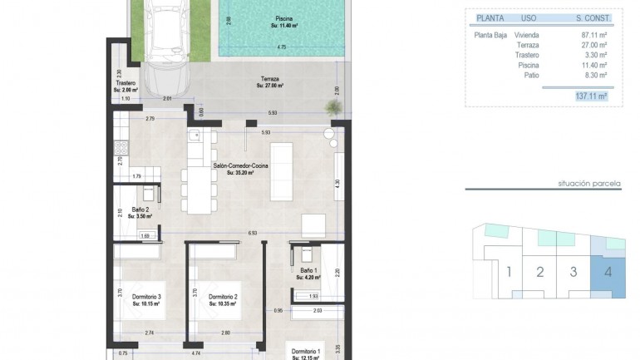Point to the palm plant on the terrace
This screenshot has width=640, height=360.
coord(332,108)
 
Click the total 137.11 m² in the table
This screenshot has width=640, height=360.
coord(591,96)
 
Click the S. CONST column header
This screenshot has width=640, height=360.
coord(593,17)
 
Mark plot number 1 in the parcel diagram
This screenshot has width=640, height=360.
coord(507,271)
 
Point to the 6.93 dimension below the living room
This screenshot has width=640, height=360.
coord(251,234)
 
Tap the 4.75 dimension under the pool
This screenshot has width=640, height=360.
coord(282,47)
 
